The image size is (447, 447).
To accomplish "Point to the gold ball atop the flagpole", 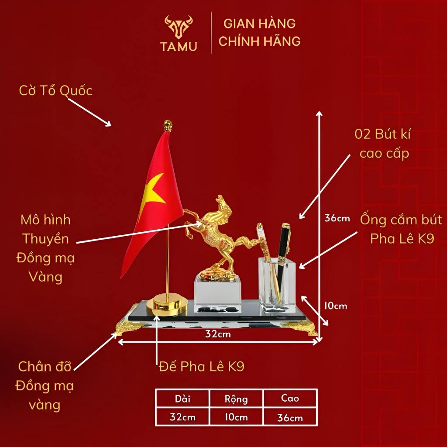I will (x=168, y=125).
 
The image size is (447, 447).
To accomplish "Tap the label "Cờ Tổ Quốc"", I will (x=56, y=91).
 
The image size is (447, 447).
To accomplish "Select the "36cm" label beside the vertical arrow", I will (x=337, y=218).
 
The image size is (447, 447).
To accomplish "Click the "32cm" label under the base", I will (x=218, y=334).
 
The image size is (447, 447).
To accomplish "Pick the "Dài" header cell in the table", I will (x=183, y=398).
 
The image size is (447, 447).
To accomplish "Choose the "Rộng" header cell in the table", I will (x=236, y=399).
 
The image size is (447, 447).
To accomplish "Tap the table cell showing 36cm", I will (x=290, y=417).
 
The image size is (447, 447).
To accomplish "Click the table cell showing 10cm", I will (x=236, y=417).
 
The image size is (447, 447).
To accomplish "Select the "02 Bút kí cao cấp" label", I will (x=383, y=144).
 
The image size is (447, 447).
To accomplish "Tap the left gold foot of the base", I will (x=127, y=327).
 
